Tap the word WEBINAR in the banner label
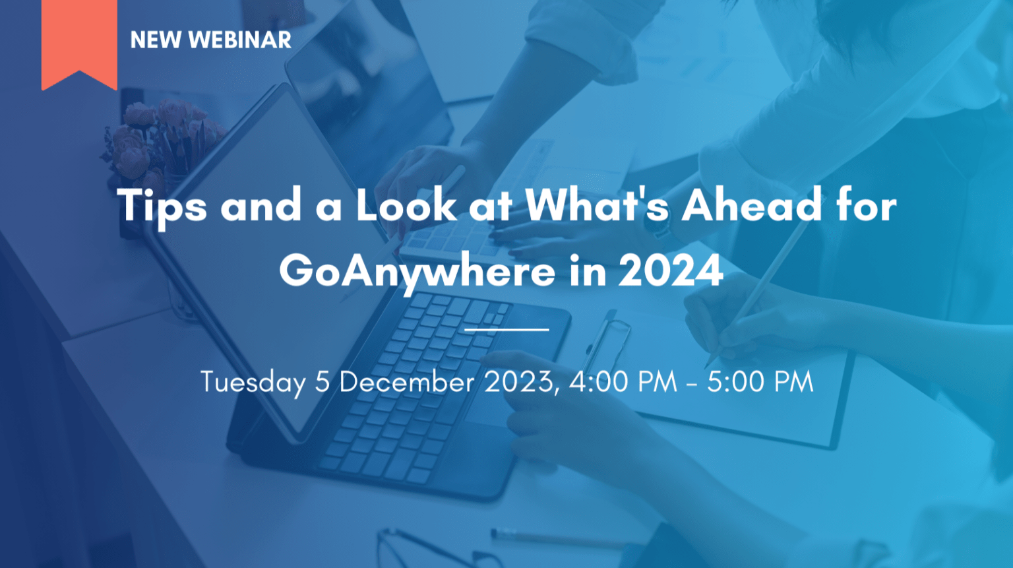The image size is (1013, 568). (239, 40)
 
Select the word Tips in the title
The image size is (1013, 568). (162, 206)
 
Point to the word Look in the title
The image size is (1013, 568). (406, 205)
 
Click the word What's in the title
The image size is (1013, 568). (597, 205)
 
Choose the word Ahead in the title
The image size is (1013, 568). (751, 205)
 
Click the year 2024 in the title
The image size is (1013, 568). (671, 270)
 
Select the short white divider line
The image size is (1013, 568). (506, 330)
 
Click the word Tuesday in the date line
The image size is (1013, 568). (253, 383)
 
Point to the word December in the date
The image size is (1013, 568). (407, 381)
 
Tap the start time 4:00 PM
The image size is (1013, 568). (623, 381)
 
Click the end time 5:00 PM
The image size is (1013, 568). (760, 381)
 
